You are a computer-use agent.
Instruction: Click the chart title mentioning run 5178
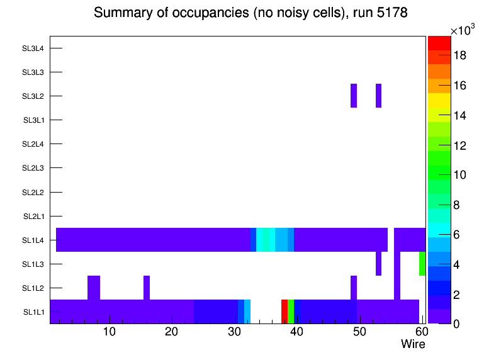(x=250, y=13)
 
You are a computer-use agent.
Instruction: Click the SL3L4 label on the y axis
(x=33, y=48)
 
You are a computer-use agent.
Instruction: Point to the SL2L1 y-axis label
(x=33, y=217)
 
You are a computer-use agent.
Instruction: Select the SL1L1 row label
(x=33, y=312)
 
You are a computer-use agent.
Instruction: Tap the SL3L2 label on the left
(x=33, y=96)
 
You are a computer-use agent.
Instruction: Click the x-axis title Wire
(x=413, y=344)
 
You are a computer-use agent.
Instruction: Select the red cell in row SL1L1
(x=284, y=312)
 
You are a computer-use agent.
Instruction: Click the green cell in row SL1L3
(x=422, y=264)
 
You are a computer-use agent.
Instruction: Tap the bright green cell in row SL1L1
(x=291, y=312)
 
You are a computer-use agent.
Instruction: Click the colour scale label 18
(x=459, y=55)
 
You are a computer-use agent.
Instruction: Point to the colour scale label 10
(x=459, y=175)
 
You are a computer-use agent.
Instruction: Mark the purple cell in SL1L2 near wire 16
(x=147, y=288)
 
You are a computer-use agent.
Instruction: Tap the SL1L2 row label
(x=33, y=288)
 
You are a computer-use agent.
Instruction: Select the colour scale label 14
(x=459, y=115)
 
